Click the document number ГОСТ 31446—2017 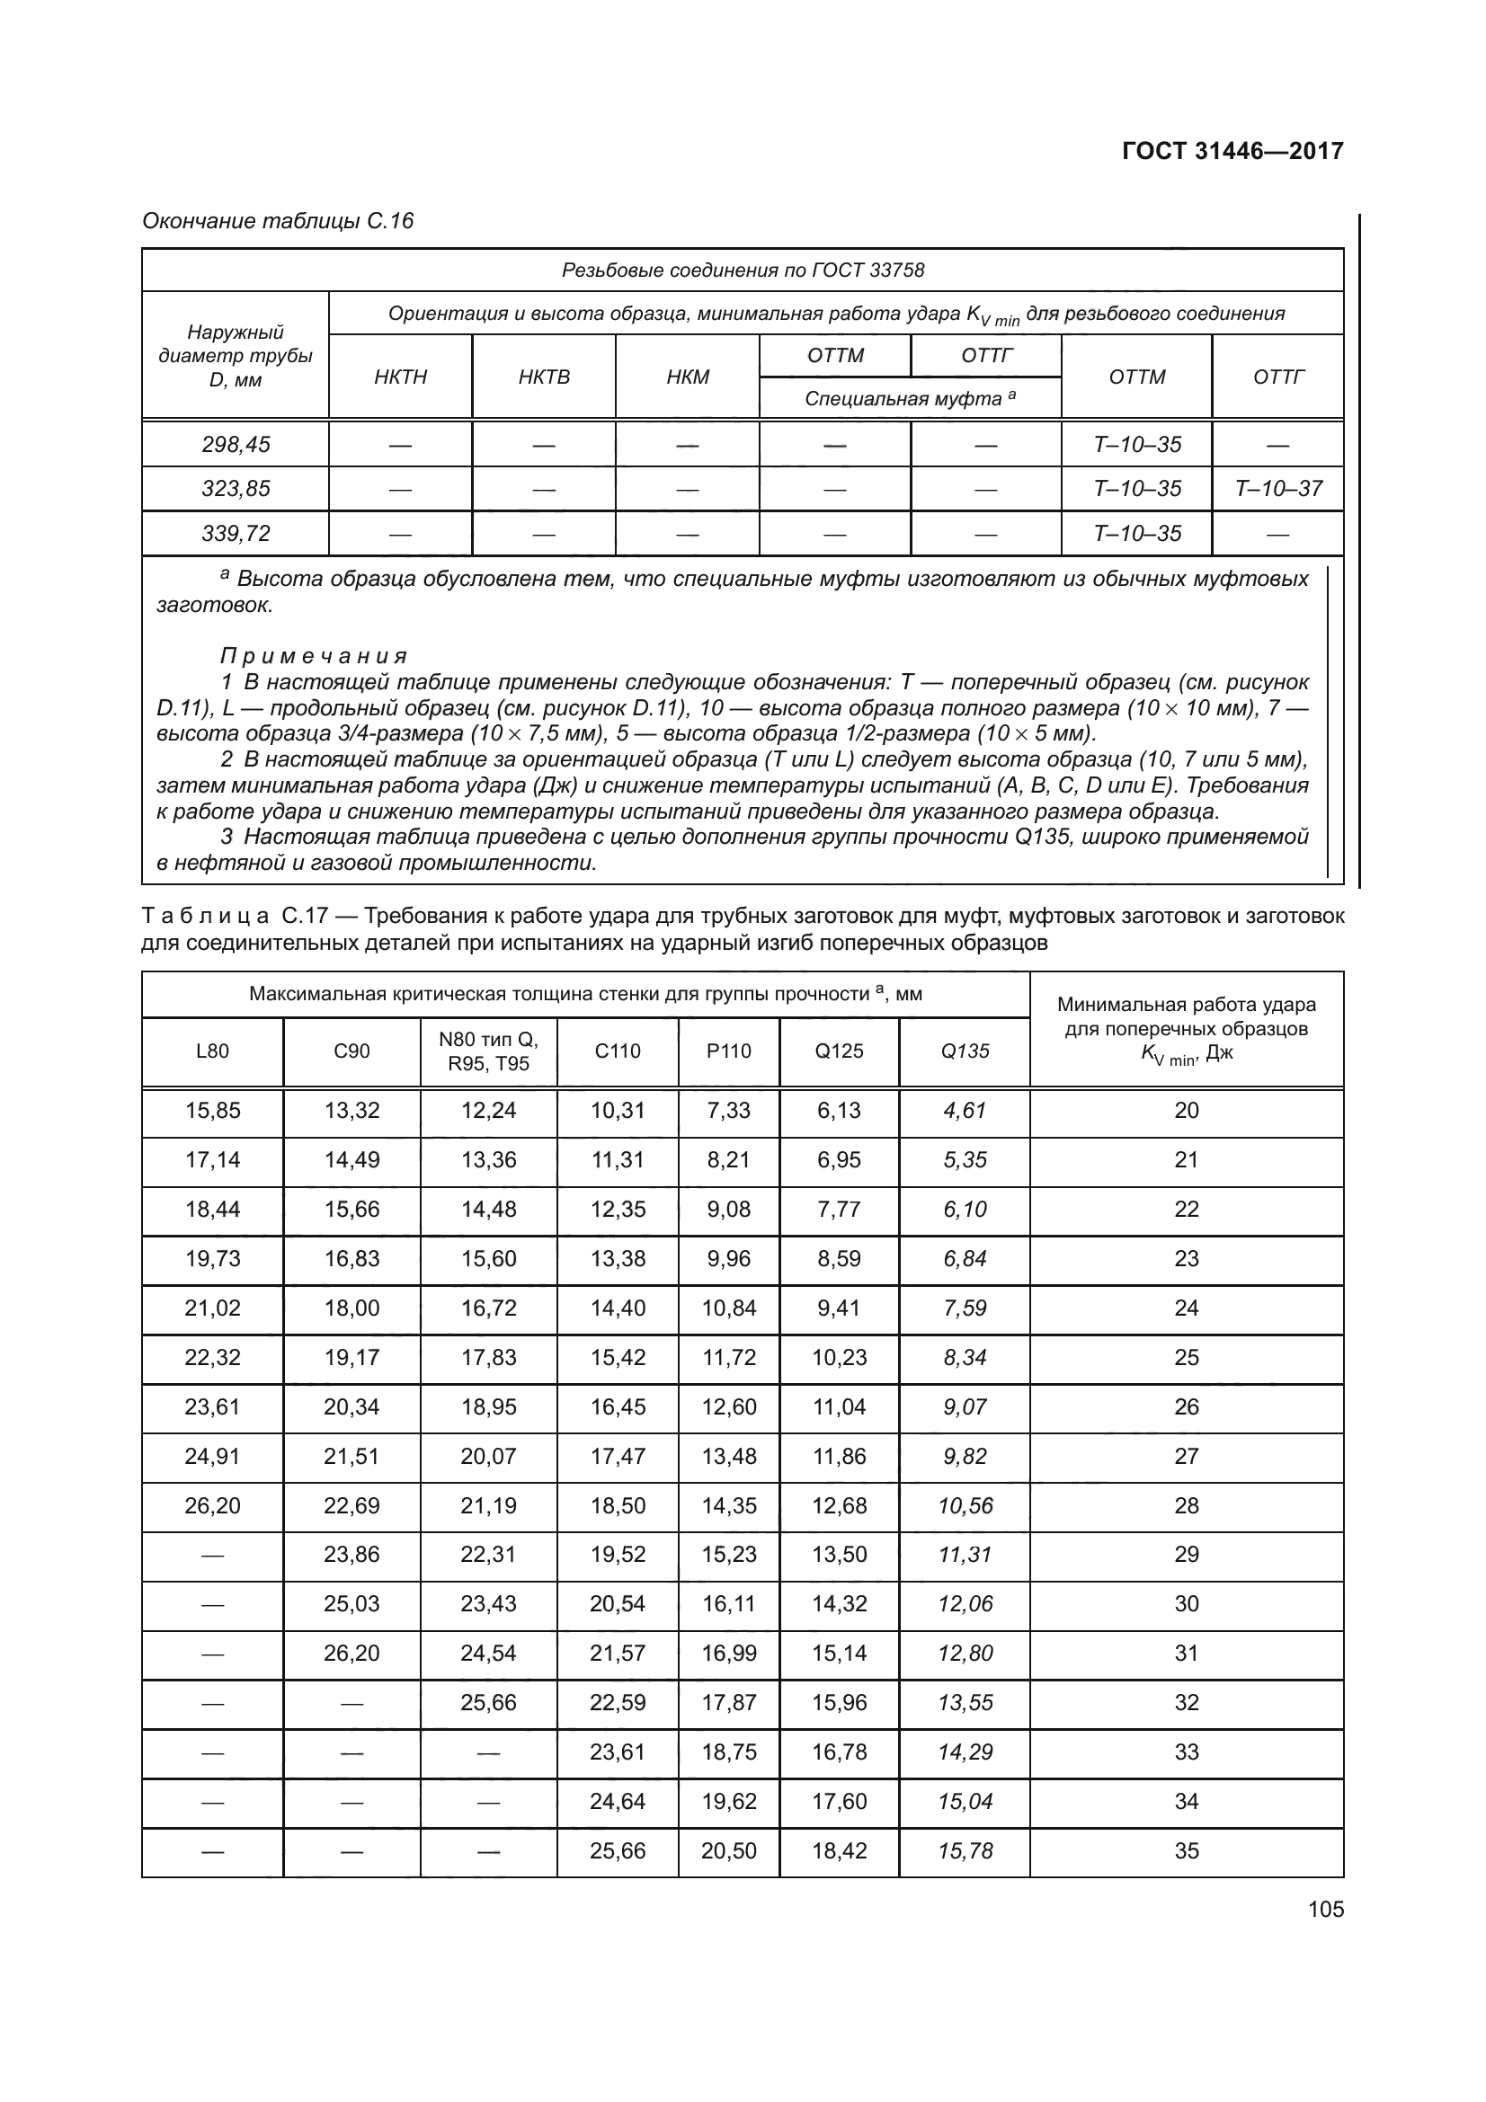point(1232,151)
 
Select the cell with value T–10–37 point(1278,489)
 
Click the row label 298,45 point(236,445)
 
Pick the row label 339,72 point(236,534)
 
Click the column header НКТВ point(544,377)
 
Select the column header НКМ point(688,377)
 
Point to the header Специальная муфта point(910,399)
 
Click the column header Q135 point(965,1051)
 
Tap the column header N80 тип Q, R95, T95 point(489,1051)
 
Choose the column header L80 point(212,1051)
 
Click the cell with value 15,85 point(212,1111)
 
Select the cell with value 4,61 point(965,1111)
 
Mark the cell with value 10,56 point(965,1506)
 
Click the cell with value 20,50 point(729,1850)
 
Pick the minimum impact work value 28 point(1187,1506)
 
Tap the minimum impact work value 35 point(1187,1850)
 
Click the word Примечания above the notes point(313,656)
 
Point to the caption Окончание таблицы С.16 point(279,222)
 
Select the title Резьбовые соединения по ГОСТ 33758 point(743,271)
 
